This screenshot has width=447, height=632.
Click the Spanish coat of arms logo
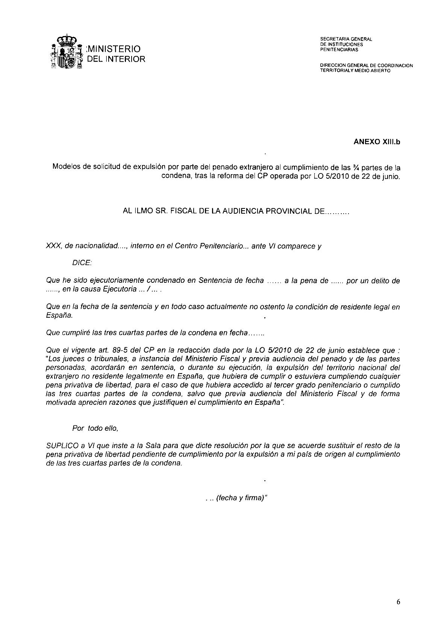point(66,52)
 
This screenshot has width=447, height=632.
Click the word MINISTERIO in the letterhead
point(114,49)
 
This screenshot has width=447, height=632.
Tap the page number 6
point(398,602)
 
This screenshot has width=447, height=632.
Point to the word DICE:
point(82,263)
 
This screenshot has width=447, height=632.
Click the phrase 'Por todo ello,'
point(95,428)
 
